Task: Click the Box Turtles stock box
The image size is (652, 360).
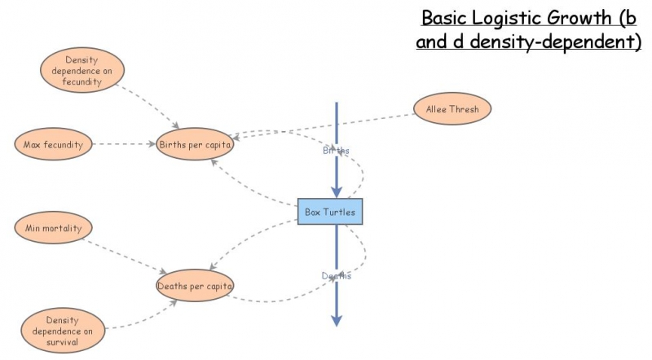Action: coord(329,212)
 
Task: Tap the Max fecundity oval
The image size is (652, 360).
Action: coord(53,144)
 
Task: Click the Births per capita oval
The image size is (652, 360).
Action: coord(196,145)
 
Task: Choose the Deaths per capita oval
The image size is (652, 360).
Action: coord(196,286)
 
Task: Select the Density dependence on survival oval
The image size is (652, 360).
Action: coord(63,331)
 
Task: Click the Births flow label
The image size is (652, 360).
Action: coord(336,151)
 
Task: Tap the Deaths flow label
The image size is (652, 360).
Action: coord(336,276)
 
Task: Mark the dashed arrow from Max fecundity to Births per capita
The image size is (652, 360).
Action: coord(122,144)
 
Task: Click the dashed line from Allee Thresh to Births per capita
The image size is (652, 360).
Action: coord(326,125)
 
